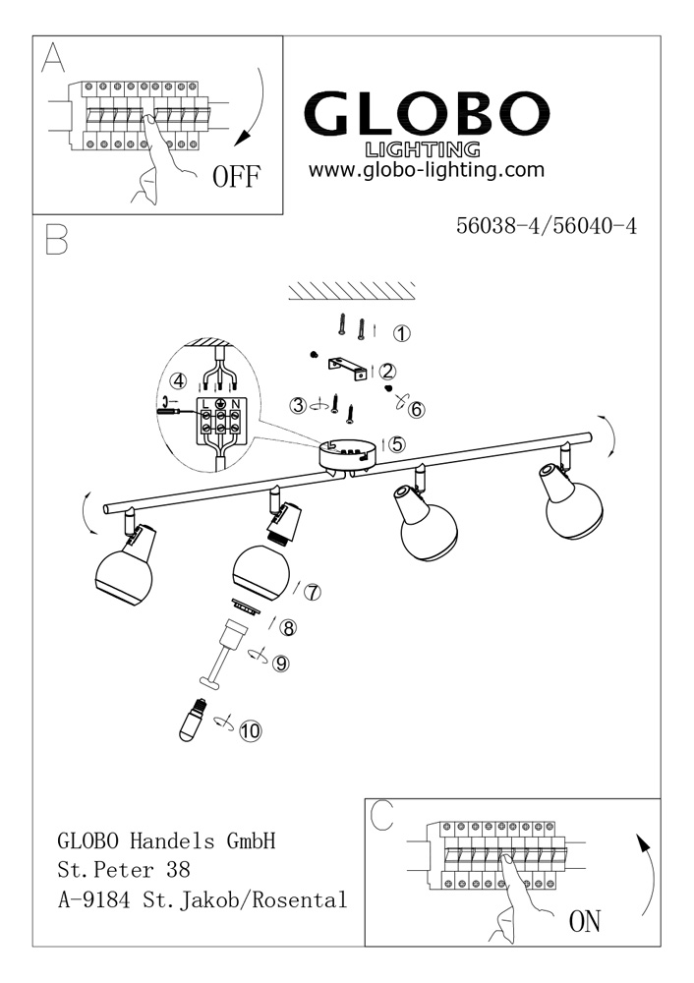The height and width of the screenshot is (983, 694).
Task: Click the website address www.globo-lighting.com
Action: pyautogui.click(x=426, y=170)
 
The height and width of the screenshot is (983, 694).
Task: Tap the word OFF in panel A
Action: pyautogui.click(x=237, y=177)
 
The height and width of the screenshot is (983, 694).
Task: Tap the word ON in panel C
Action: pyautogui.click(x=584, y=921)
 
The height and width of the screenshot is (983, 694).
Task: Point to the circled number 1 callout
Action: pyautogui.click(x=402, y=333)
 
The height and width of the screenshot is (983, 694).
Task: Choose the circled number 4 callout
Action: pyautogui.click(x=178, y=380)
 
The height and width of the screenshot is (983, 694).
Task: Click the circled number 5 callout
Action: pyautogui.click(x=397, y=443)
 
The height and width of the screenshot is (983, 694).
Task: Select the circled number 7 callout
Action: pyautogui.click(x=313, y=592)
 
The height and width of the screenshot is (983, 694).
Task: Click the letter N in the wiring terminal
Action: pyautogui.click(x=236, y=403)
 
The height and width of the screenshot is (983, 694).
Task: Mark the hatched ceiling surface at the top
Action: pyautogui.click(x=352, y=290)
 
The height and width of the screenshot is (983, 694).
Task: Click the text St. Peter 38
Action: pyautogui.click(x=123, y=870)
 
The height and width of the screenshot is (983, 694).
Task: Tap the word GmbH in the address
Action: pyautogui.click(x=251, y=841)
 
